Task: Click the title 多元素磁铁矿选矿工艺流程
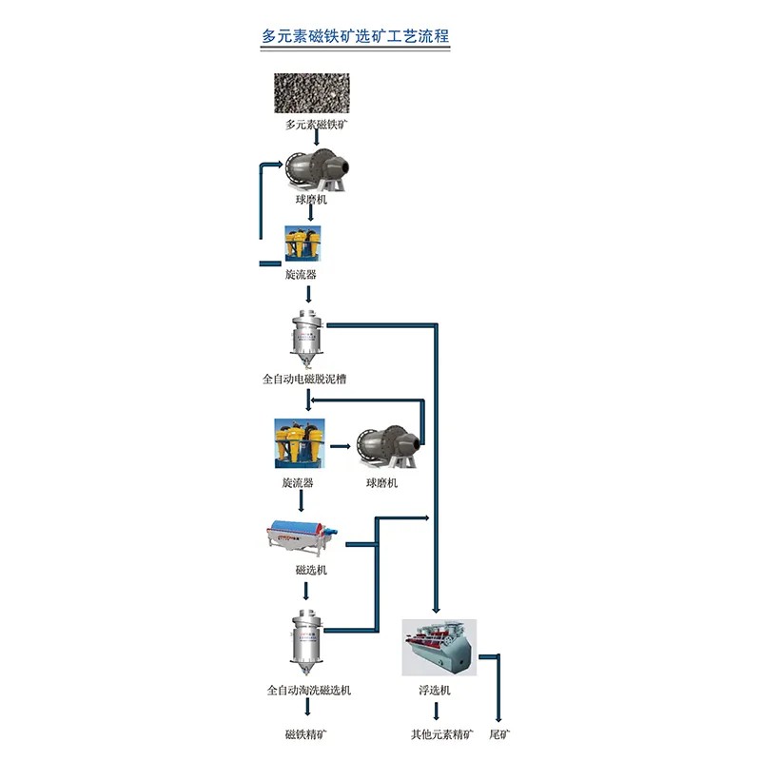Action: [x=356, y=36]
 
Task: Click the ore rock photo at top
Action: [x=311, y=94]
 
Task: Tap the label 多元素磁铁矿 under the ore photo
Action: [x=311, y=125]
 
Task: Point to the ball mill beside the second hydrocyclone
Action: [x=388, y=447]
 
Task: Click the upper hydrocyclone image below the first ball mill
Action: [x=302, y=244]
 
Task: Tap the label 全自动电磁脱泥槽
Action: [x=304, y=379]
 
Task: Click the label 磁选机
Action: [x=311, y=569]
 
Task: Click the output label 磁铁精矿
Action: [x=309, y=734]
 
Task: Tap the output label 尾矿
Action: [x=499, y=734]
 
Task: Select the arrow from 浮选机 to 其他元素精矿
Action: [x=437, y=712]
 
